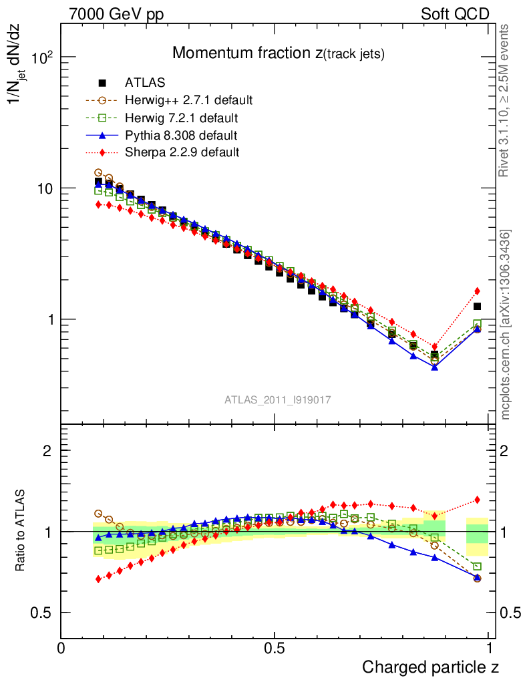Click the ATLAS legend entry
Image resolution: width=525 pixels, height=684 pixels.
point(145,83)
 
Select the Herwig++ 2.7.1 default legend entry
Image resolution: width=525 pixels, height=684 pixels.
point(188,101)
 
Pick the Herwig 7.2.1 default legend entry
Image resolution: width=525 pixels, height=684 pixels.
point(181,118)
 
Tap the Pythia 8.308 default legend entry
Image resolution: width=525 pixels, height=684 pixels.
point(181,136)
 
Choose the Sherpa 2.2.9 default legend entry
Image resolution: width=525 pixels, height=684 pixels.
point(182,153)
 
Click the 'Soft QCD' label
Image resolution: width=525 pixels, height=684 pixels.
point(455,14)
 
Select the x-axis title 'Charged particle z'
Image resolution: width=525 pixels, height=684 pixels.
point(430,667)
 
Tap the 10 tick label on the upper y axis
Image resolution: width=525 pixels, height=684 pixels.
point(43,188)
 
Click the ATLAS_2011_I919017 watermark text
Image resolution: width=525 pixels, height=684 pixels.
point(278,399)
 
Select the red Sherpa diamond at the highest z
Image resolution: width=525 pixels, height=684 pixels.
point(477,291)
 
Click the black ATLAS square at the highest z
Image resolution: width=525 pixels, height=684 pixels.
point(477,307)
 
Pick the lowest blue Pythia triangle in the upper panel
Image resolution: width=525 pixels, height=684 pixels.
point(435,367)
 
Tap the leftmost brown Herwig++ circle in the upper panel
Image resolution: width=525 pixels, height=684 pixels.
point(98,172)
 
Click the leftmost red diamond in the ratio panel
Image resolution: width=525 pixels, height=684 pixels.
point(98,579)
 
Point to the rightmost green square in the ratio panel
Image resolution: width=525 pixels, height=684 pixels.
point(477,566)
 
